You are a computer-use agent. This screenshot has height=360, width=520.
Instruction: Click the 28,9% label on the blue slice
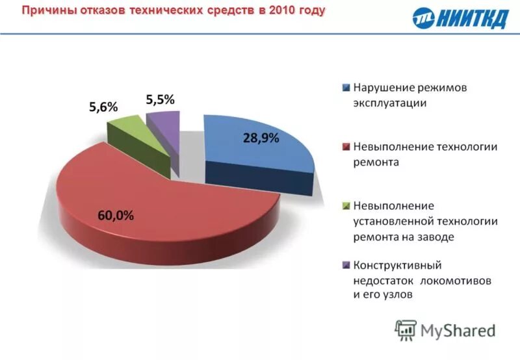[261, 138]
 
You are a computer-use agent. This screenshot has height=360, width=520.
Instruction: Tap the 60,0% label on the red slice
[116, 216]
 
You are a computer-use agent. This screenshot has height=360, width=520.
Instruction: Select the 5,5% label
[160, 99]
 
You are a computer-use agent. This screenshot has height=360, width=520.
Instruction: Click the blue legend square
[346, 88]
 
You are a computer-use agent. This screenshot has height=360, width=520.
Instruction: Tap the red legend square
[346, 148]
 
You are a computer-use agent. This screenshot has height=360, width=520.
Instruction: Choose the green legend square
[346, 207]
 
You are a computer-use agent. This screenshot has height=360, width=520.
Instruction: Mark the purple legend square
[346, 266]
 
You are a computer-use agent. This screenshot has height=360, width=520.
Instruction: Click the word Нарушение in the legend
[383, 87]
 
